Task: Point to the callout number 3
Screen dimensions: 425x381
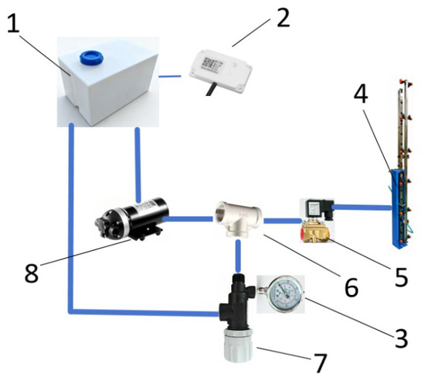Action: coord(401,338)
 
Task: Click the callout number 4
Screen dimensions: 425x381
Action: coord(361,93)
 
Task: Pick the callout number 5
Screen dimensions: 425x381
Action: coord(401,276)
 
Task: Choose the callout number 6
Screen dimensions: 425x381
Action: coord(352,287)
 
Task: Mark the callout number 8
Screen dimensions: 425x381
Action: coord(32,273)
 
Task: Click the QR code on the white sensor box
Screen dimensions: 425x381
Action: coord(209,63)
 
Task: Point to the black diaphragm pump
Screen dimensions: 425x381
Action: coord(131,219)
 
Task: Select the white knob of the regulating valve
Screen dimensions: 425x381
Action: coord(239,345)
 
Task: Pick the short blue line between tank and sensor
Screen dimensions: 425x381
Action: coord(170,77)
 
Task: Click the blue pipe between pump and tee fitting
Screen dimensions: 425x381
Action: coord(188,219)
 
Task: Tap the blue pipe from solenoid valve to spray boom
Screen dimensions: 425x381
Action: coord(362,208)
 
